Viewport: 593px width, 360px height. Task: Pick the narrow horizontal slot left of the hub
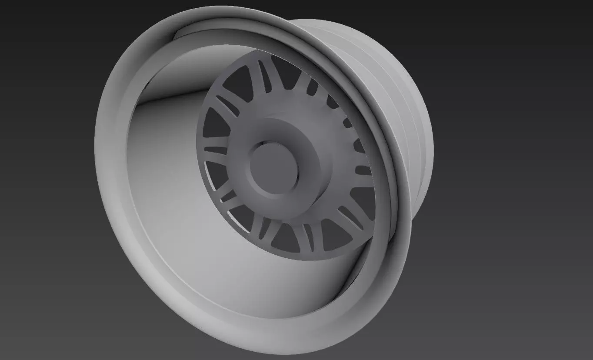tap(216, 150)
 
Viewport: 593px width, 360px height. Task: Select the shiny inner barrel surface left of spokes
tap(170, 174)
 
